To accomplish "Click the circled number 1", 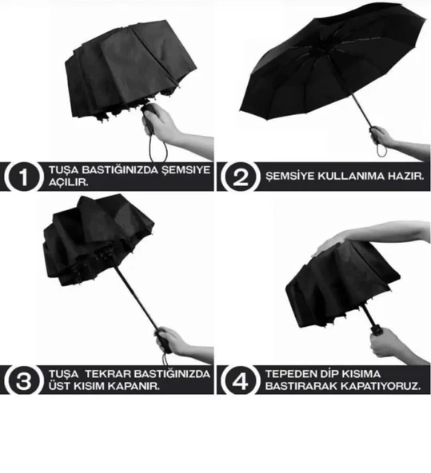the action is pyautogui.click(x=23, y=177).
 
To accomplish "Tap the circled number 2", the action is pyautogui.click(x=240, y=177).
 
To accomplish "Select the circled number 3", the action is pyautogui.click(x=23, y=380).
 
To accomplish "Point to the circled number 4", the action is pyautogui.click(x=240, y=380).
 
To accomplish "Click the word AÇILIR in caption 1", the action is pyautogui.click(x=68, y=182).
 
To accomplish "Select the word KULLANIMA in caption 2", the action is pyautogui.click(x=351, y=176).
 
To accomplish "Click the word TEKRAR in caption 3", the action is pyautogui.click(x=107, y=374).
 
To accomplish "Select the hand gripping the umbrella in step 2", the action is pyautogui.click(x=381, y=137).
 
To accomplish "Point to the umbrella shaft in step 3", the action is pyautogui.click(x=136, y=297).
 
